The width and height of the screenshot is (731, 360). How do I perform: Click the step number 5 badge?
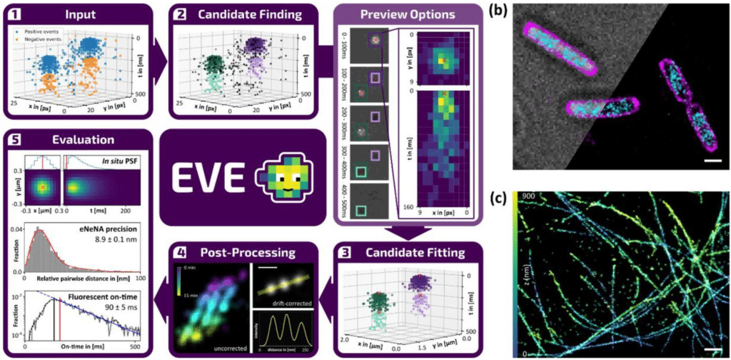point(15,141)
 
